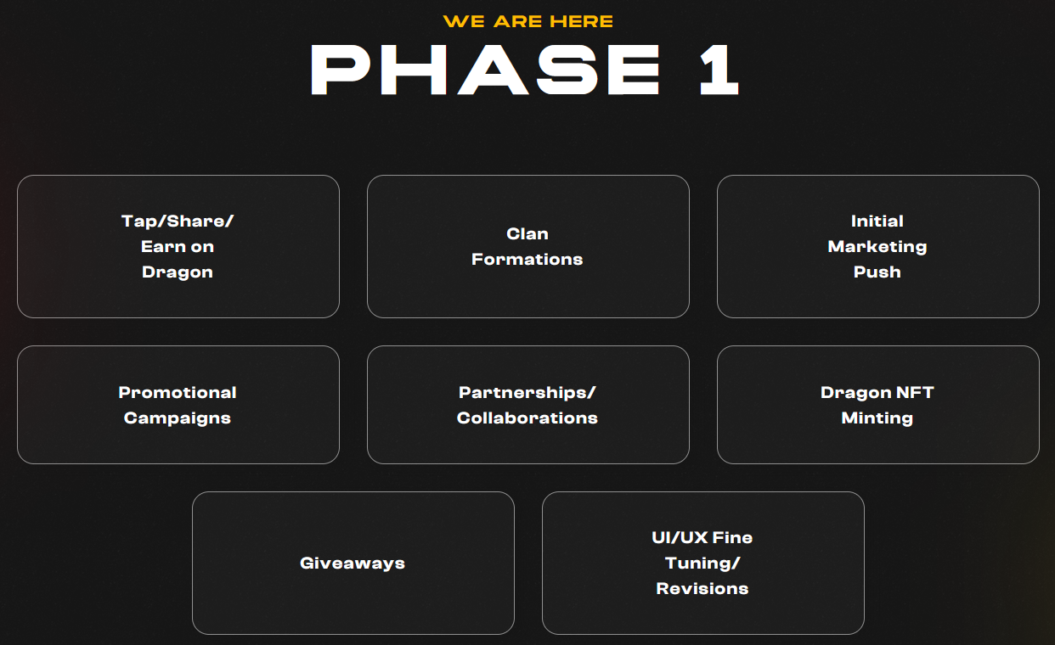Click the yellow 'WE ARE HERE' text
pos(528,21)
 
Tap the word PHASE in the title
pos(485,70)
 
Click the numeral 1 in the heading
pos(719,70)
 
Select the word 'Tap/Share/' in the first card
pos(178,222)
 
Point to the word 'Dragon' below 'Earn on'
pos(178,272)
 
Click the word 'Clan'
pos(527,234)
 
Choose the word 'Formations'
pos(527,259)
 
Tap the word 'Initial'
pos(877,222)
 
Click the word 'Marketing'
pos(877,247)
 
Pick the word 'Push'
pos(877,272)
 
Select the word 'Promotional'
pos(178,393)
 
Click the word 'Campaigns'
pos(178,418)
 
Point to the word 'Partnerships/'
pos(527,393)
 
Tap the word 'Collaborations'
pos(527,418)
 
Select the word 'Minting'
pos(877,418)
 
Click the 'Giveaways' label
pos(353,564)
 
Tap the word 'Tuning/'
pos(702,564)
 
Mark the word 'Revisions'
pos(702,588)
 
